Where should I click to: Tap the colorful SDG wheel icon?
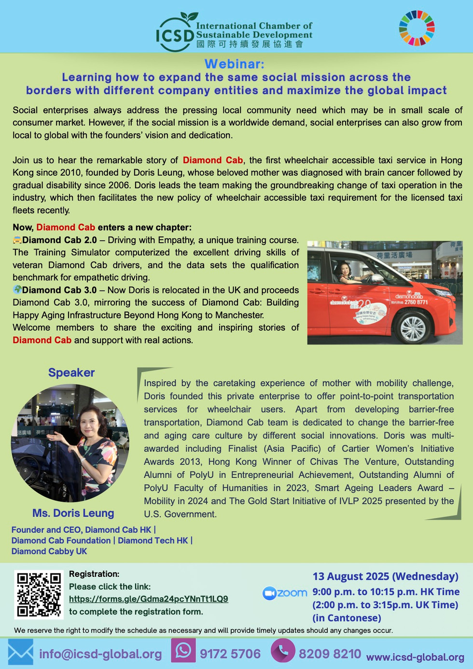417,28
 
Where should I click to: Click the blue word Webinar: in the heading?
234,64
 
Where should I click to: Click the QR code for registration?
39,595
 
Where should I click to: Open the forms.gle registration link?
148,599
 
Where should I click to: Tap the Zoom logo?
285,593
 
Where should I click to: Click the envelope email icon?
20,652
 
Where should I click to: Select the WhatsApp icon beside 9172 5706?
183,651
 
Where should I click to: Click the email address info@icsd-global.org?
100,654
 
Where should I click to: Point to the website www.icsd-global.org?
415,657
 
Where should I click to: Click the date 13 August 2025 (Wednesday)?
385,576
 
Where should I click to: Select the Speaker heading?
71,373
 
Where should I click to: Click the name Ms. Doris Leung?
73,513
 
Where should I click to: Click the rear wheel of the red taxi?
413,329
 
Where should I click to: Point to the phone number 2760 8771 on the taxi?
416,302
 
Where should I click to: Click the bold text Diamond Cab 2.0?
59,240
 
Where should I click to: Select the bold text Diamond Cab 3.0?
59,290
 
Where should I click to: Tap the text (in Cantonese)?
347,618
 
